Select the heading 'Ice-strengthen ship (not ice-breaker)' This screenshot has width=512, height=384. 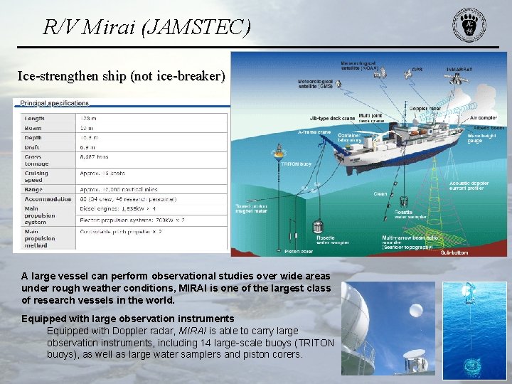click(x=121, y=76)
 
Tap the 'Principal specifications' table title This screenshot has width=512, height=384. click(x=54, y=104)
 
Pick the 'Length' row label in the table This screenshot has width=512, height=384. click(x=34, y=119)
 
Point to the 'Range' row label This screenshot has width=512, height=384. click(x=34, y=190)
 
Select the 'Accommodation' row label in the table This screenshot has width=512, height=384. click(x=48, y=199)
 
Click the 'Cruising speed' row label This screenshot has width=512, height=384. click(x=36, y=176)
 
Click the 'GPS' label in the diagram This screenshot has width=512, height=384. click(x=417, y=70)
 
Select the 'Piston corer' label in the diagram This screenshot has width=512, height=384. click(x=299, y=250)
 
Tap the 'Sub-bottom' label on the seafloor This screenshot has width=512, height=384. click(x=454, y=252)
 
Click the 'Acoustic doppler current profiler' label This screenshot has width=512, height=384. click(x=469, y=186)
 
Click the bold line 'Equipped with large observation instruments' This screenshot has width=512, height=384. click(x=127, y=319)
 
